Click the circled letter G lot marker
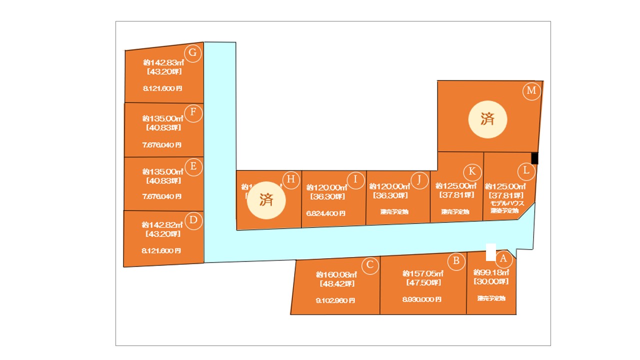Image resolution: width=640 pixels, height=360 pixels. pyautogui.click(x=193, y=53)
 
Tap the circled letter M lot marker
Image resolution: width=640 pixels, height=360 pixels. pyautogui.click(x=531, y=91)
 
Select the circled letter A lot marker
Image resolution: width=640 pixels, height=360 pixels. pyautogui.click(x=503, y=259)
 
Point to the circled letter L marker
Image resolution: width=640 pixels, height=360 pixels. pyautogui.click(x=526, y=171)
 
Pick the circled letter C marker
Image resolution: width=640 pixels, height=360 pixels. pyautogui.click(x=369, y=265)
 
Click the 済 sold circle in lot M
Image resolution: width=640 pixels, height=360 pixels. pyautogui.click(x=487, y=119)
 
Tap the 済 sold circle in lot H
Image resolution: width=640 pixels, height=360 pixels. pyautogui.click(x=266, y=200)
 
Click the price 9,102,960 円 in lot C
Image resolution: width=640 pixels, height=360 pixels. pyautogui.click(x=335, y=301)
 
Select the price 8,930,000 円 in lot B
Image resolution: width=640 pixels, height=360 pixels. pyautogui.click(x=422, y=300)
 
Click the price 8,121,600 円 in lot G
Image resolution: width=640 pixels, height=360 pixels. pyautogui.click(x=162, y=88)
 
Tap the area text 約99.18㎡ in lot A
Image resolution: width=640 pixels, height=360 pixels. pyautogui.click(x=491, y=273)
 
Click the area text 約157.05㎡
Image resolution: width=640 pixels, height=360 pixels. pyautogui.click(x=423, y=274)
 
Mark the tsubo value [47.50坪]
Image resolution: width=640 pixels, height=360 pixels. pyautogui.click(x=423, y=283)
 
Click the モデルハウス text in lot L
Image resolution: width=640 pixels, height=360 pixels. pyautogui.click(x=506, y=203)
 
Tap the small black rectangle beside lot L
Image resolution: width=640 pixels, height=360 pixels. pyautogui.click(x=534, y=158)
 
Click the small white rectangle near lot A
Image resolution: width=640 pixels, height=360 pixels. pyautogui.click(x=491, y=252)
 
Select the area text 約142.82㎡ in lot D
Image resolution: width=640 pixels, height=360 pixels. pyautogui.click(x=162, y=225)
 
